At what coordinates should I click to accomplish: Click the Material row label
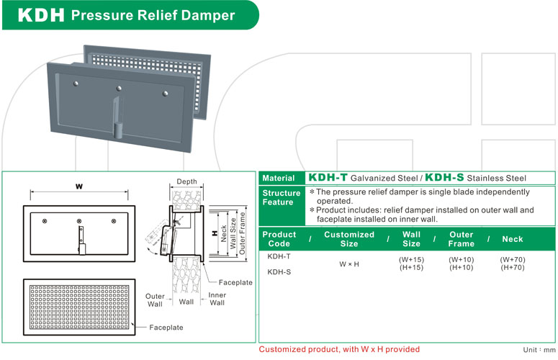click(x=279, y=178)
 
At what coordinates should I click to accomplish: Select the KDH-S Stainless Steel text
click(x=475, y=178)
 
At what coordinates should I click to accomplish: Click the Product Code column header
click(x=279, y=239)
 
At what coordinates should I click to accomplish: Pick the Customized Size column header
click(x=349, y=239)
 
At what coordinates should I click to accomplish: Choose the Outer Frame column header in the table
click(x=461, y=239)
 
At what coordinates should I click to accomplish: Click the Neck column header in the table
click(x=513, y=239)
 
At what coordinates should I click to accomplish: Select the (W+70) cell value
click(x=513, y=258)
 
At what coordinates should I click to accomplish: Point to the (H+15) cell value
click(x=411, y=267)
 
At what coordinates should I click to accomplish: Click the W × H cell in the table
click(x=348, y=264)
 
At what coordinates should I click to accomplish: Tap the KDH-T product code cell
click(x=279, y=256)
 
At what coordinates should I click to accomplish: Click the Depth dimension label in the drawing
click(x=186, y=181)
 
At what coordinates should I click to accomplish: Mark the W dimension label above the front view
click(x=79, y=186)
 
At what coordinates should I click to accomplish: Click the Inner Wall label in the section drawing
click(x=217, y=298)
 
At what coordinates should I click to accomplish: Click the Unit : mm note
click(x=540, y=349)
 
